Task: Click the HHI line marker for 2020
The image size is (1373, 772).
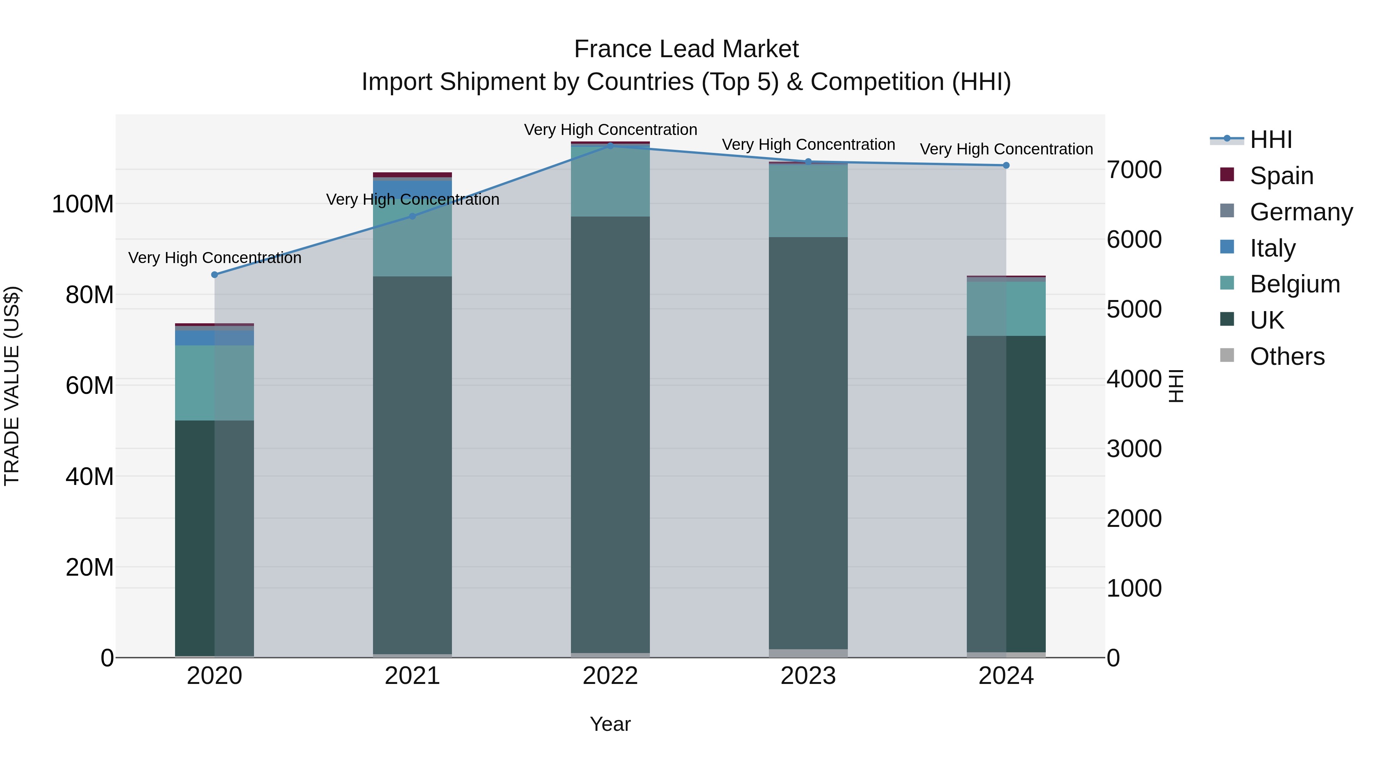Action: coord(214,275)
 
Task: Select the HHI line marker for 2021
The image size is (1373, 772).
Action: coord(412,216)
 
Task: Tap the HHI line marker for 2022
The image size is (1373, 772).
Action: coord(610,146)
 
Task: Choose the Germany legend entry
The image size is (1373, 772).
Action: coord(1301,212)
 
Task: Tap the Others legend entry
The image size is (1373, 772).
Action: coord(1287,356)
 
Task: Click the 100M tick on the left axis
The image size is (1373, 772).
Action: coord(83,204)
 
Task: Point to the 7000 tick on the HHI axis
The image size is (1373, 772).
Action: coord(1134,170)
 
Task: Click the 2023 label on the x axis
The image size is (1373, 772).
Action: coord(808,676)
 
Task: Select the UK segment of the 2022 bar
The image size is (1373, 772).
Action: coord(610,434)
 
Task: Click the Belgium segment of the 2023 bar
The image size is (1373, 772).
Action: coord(808,201)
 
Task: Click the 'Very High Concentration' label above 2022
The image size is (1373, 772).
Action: coord(610,130)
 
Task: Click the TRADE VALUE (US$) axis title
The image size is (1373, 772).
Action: coord(12,386)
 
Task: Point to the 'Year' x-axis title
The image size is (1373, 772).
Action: coord(610,724)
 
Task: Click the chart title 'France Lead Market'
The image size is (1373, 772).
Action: coord(686,49)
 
